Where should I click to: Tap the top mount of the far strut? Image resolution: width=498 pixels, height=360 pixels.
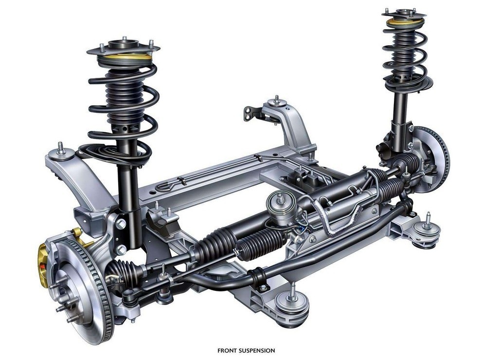404,15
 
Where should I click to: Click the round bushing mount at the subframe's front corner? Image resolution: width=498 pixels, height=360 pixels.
292,305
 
